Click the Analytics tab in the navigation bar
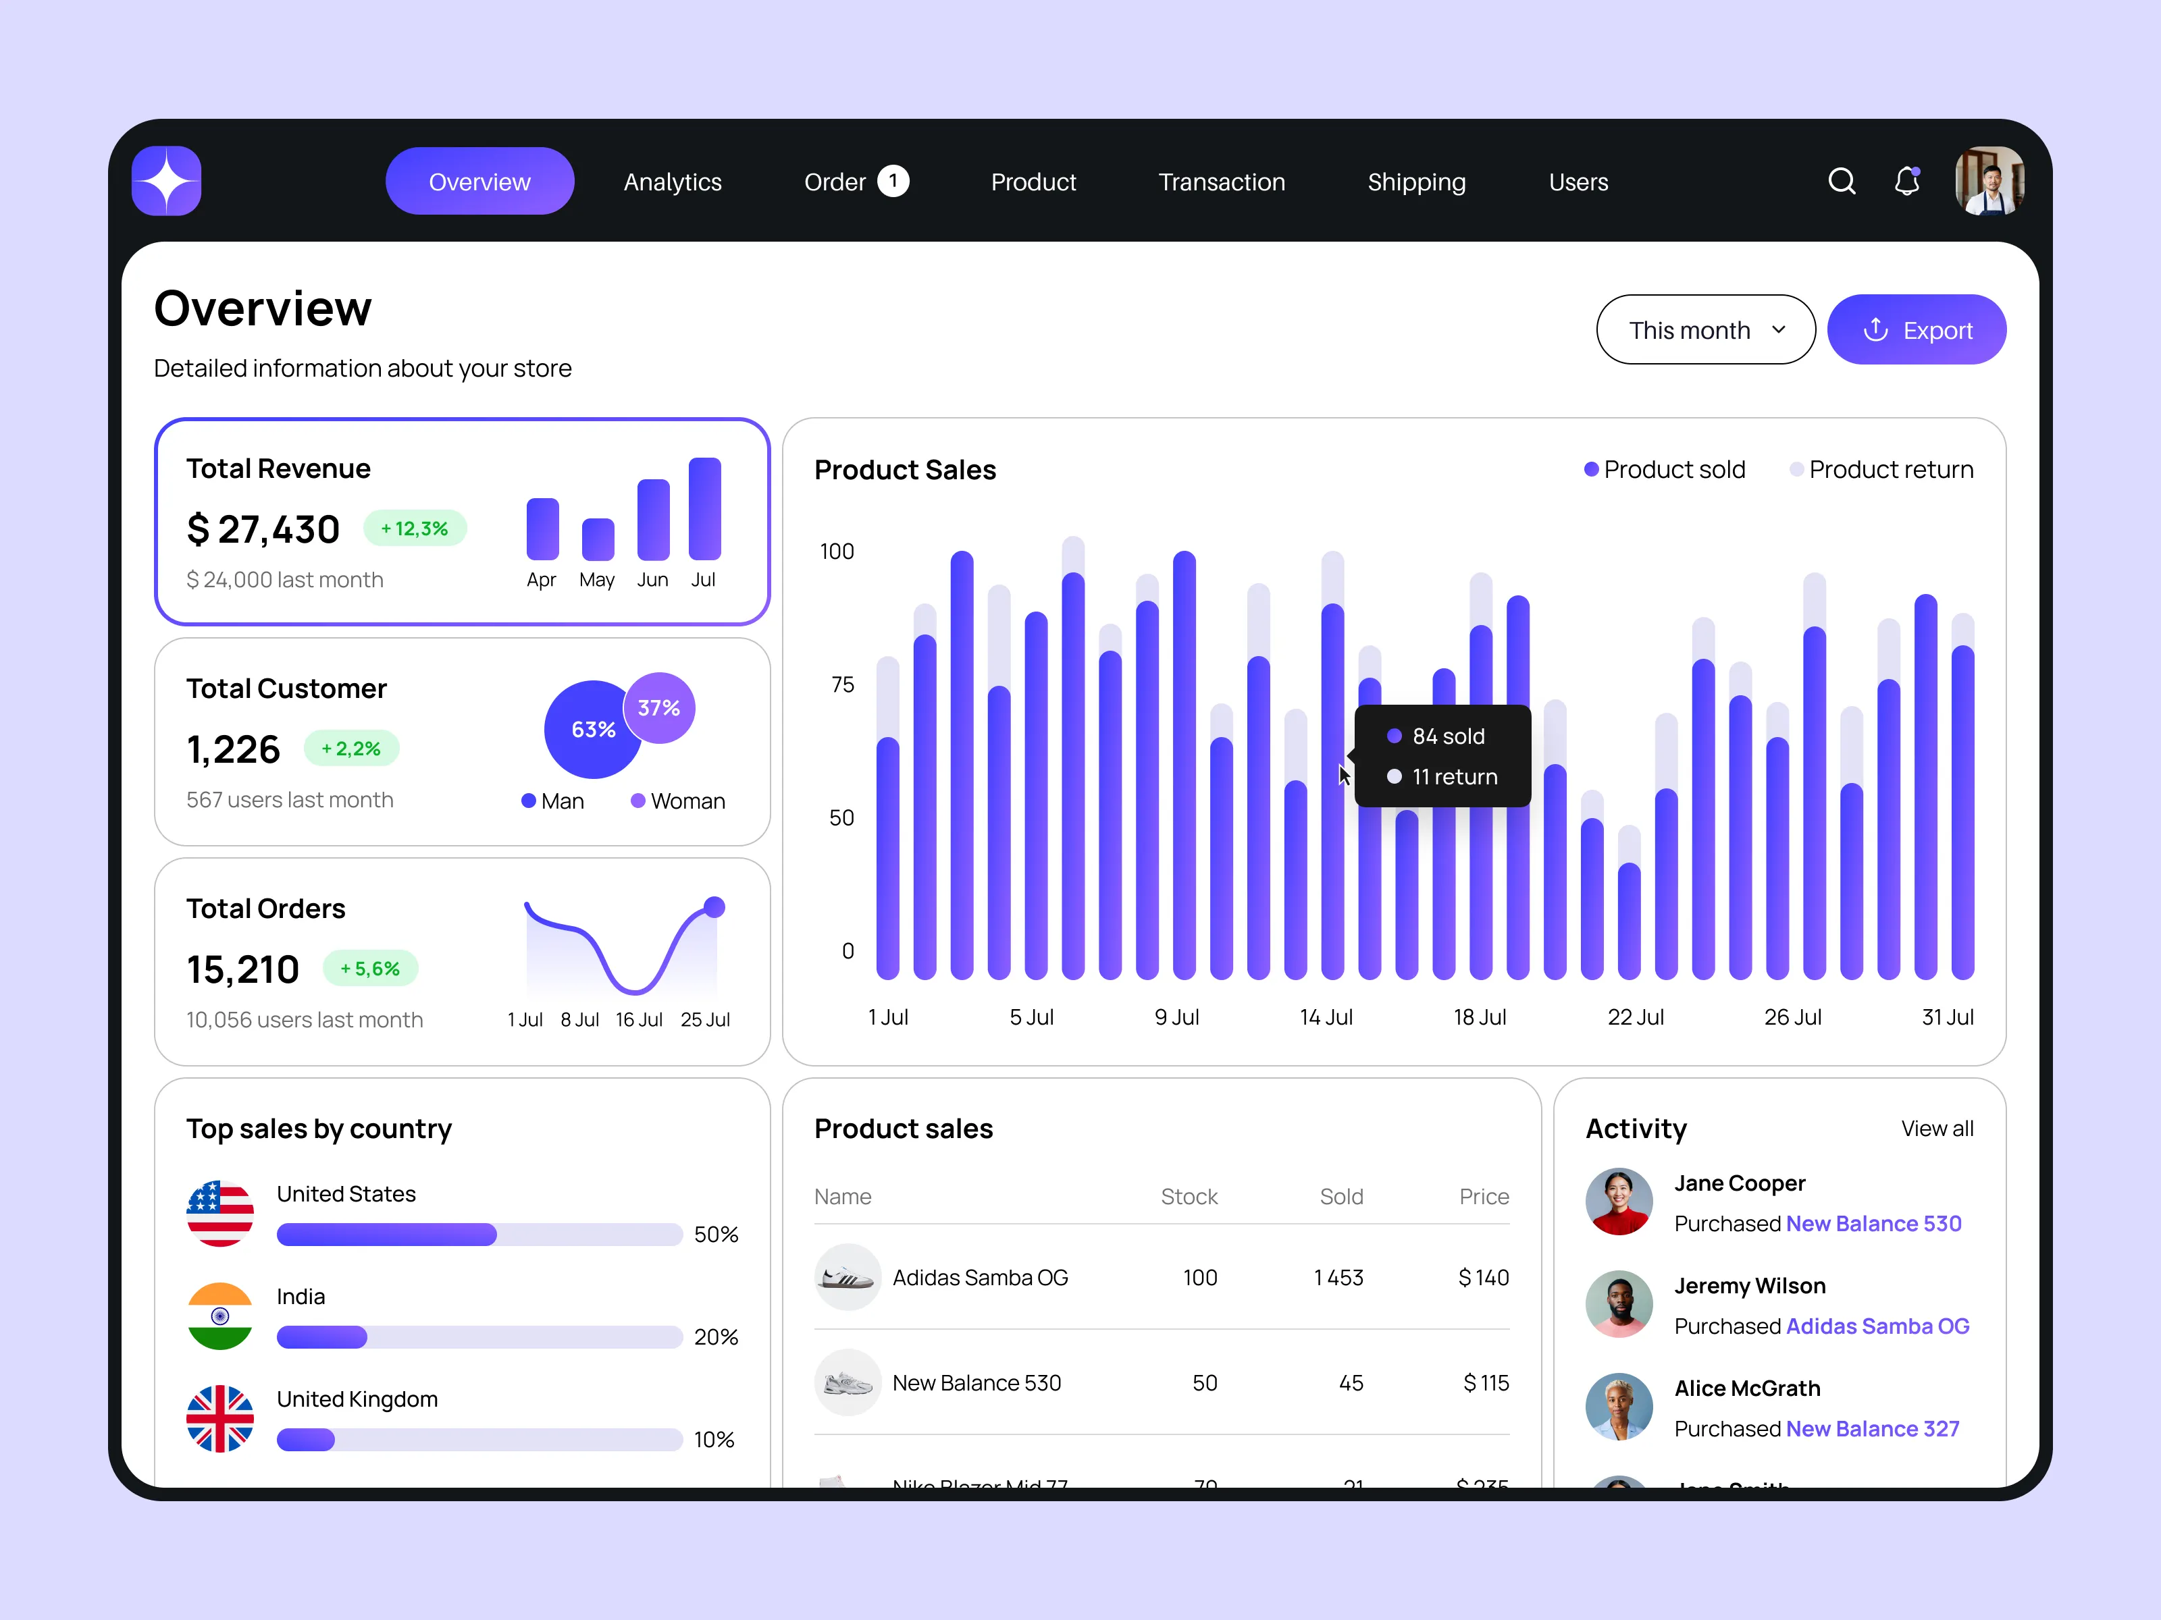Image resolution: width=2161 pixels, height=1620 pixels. pos(672,183)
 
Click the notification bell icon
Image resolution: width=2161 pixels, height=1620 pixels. pos(1906,182)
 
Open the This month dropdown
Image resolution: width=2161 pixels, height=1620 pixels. pos(1704,330)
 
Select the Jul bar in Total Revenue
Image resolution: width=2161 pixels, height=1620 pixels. pos(704,509)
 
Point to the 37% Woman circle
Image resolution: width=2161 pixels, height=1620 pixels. pos(659,708)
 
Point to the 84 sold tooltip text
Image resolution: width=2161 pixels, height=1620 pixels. pos(1448,736)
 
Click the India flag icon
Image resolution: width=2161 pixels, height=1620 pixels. pos(219,1316)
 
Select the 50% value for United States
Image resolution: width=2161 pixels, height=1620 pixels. pos(715,1235)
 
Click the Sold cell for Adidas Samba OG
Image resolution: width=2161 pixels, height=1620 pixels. pos(1338,1277)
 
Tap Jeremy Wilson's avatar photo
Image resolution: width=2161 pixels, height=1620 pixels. pos(1619,1303)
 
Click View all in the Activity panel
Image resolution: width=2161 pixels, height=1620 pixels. pos(1936,1129)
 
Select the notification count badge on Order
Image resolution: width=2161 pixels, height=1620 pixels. pos(893,181)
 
